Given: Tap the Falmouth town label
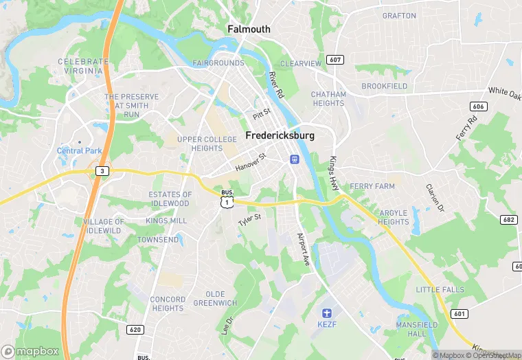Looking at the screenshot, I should [x=249, y=30].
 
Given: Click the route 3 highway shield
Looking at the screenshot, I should [x=102, y=170].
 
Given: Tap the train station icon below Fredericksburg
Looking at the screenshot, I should [x=294, y=159].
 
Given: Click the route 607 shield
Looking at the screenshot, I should [x=335, y=60].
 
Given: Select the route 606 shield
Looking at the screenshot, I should [x=479, y=106].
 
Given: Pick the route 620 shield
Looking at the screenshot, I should [x=135, y=330].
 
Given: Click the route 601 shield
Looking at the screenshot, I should [x=459, y=313].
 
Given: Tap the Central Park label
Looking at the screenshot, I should [x=78, y=150].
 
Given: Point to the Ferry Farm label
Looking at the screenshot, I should [x=372, y=186].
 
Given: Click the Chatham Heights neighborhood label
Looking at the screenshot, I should [x=328, y=99].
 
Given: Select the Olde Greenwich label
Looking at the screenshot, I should [x=215, y=298].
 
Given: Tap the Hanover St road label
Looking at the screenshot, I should [x=250, y=163].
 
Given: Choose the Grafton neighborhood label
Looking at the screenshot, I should [x=399, y=15].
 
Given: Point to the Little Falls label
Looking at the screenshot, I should [x=440, y=290].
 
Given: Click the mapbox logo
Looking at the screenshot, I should [x=30, y=350].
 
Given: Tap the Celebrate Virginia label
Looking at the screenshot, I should [x=83, y=66].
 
